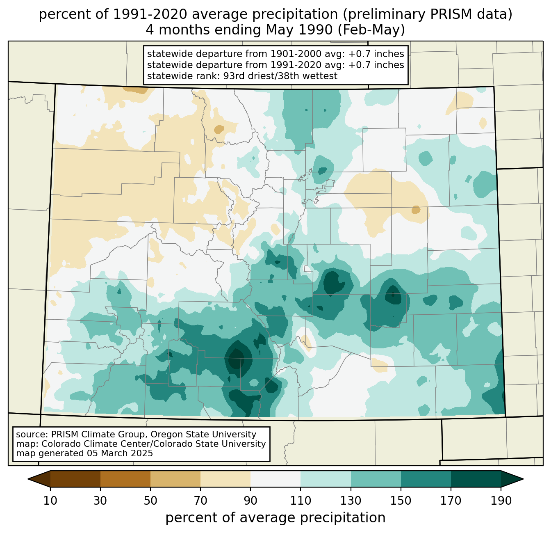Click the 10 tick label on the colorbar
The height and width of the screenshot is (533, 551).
[x=50, y=501]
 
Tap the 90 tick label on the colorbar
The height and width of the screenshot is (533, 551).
[x=250, y=501]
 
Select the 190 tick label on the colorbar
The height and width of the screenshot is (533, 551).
[x=501, y=501]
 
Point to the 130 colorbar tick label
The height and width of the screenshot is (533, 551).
[x=351, y=501]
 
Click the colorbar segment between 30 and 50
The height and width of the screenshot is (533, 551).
[x=125, y=478]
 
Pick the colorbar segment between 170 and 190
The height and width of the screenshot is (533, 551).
[x=476, y=478]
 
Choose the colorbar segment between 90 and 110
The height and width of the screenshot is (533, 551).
[x=275, y=478]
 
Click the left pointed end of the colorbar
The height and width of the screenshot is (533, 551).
[x=28, y=479]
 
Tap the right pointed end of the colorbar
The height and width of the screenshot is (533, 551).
[x=523, y=479]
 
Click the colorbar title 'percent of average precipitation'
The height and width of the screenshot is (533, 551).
[x=275, y=517]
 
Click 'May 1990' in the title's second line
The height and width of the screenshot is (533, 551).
[x=298, y=30]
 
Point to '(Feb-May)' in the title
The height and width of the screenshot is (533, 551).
[x=371, y=30]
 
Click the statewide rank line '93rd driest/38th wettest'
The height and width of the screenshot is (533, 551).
[x=280, y=76]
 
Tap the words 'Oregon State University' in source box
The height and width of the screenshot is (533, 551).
[x=203, y=435]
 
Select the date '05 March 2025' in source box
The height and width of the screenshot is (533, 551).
[x=119, y=453]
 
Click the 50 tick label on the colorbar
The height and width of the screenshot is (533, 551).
[x=150, y=501]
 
